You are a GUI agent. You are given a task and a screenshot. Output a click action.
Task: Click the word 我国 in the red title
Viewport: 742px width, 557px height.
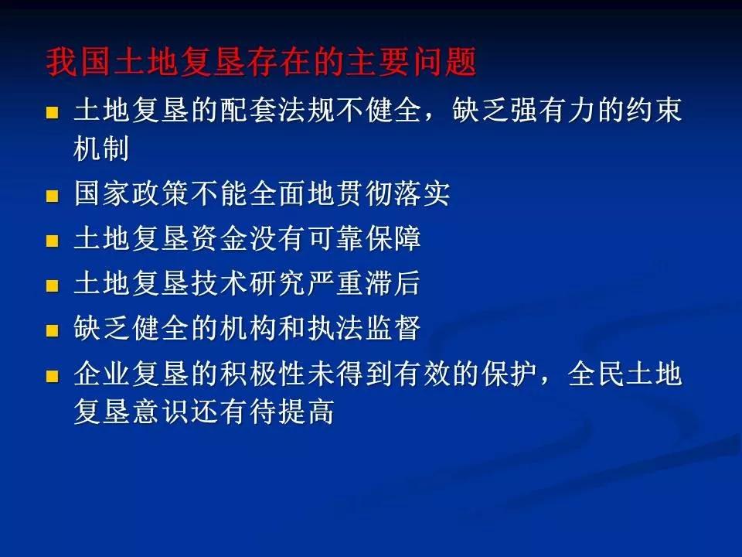79,62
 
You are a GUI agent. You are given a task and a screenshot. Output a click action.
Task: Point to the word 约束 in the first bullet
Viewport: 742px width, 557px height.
654,111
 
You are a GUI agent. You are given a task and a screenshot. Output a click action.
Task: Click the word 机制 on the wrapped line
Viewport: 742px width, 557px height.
101,148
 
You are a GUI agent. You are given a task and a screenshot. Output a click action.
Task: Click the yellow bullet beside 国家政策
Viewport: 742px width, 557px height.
52,196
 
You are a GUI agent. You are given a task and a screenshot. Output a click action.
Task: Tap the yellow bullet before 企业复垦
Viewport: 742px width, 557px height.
52,376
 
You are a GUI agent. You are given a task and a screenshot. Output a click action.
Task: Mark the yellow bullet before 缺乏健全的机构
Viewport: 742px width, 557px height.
52,330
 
